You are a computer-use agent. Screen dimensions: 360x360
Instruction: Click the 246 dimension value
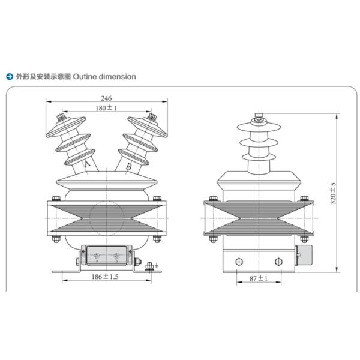pos(106,98)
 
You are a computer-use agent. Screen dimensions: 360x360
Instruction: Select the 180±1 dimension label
pos(106,107)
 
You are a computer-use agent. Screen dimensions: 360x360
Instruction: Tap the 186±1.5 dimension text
pos(105,277)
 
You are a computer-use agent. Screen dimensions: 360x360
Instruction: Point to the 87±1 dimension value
pos(259,278)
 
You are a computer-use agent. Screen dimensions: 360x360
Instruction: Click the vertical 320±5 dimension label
pos(333,193)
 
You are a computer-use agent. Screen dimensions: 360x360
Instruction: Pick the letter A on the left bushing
pos(87,164)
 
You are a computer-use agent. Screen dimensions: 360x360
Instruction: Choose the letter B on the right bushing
pos(128,166)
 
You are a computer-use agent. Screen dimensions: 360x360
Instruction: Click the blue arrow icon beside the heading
pos(10,76)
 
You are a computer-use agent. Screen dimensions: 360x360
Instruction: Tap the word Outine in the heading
pos(85,76)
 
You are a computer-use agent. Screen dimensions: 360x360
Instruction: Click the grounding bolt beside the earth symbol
pos(149,267)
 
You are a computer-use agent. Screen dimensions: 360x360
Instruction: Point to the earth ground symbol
pos(157,265)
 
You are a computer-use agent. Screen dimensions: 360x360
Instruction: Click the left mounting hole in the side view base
pos(239,262)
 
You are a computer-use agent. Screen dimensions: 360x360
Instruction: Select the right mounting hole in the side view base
pos(278,262)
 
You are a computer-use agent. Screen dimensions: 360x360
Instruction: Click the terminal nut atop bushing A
pos(61,117)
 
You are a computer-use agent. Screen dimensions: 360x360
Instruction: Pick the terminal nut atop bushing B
pos(152,116)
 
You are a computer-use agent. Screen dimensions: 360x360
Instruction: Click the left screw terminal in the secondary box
pos(97,256)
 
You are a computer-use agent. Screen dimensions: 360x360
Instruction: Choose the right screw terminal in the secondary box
pos(116,256)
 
